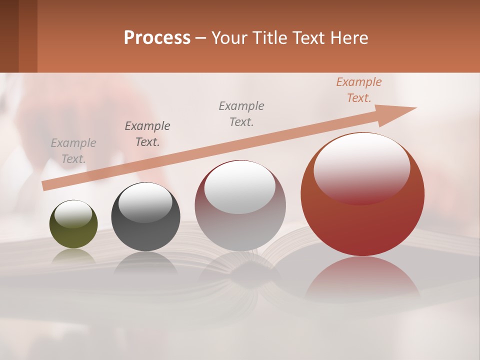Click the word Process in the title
coord(157,38)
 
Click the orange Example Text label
coord(358,90)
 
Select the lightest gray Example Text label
coord(73,151)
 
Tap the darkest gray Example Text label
coord(147,134)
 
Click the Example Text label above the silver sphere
coord(241,114)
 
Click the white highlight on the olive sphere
coord(73,214)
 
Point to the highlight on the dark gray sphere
coord(145,202)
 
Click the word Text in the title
coord(311,38)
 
